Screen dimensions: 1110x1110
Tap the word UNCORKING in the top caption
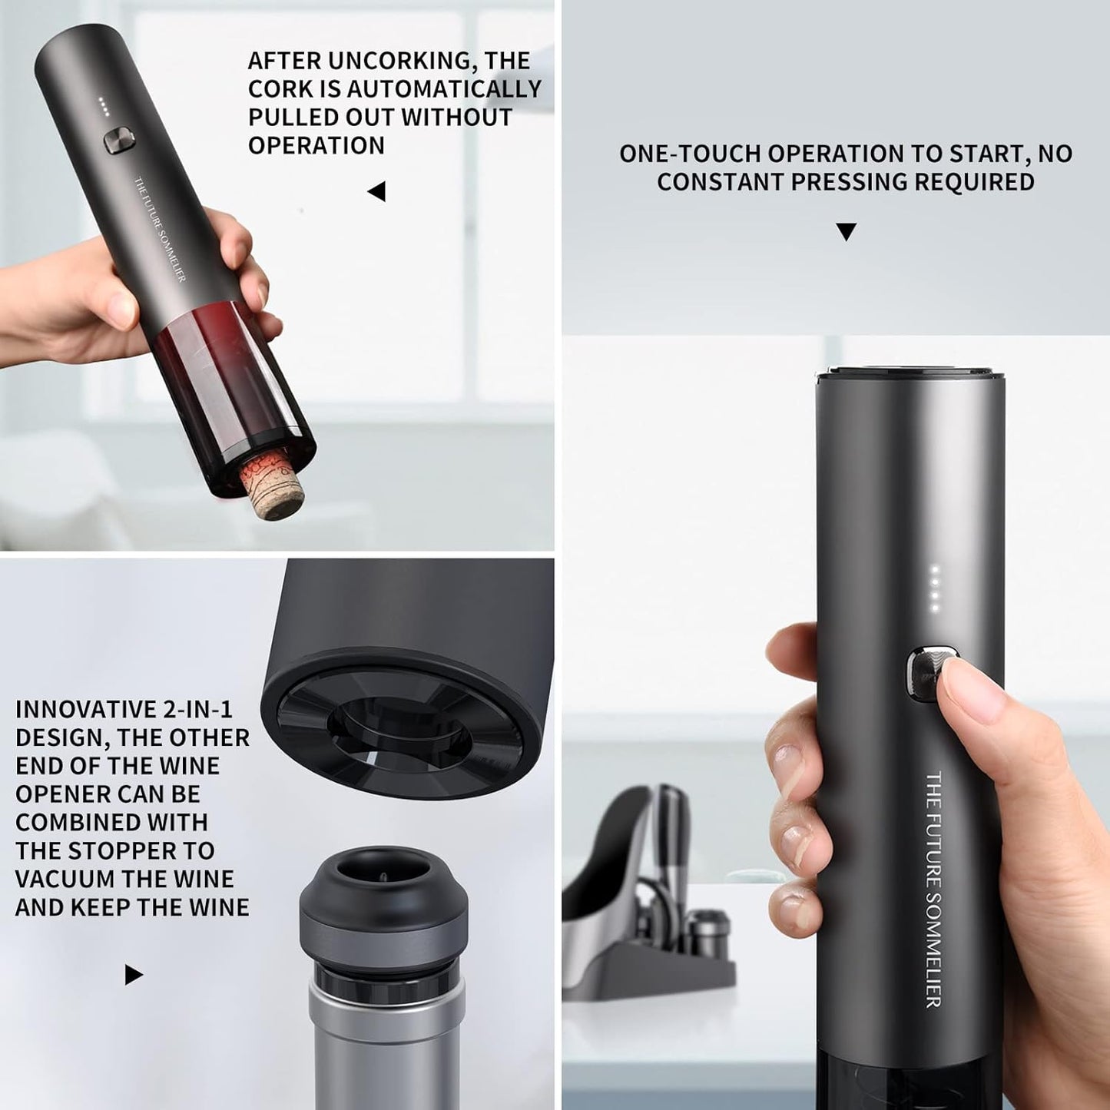tap(390, 61)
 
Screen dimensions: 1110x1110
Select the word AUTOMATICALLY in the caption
tap(445, 89)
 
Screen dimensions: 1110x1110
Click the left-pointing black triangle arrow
tap(377, 191)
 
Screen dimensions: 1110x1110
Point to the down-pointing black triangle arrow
tap(846, 231)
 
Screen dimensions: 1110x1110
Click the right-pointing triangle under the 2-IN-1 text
tap(134, 975)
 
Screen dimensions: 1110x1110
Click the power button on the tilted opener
tap(119, 139)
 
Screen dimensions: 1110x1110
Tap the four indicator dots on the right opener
tap(935, 588)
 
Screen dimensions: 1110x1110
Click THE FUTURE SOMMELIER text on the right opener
tap(933, 888)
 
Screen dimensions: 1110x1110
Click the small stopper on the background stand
tap(707, 933)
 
